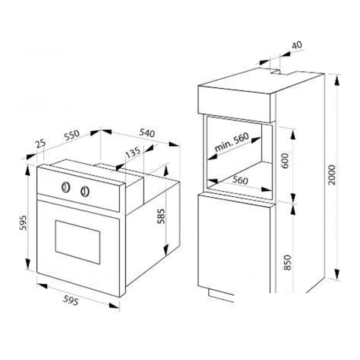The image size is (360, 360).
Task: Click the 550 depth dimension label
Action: [x=72, y=135]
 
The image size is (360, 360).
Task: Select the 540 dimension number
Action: [x=147, y=133]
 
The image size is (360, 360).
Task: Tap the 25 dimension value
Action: [x=41, y=144]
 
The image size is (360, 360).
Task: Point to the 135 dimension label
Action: [x=133, y=152]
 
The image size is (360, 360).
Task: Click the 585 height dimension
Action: [x=161, y=216]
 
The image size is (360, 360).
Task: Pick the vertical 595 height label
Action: [x=23, y=223]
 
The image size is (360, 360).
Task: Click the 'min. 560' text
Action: [x=232, y=142]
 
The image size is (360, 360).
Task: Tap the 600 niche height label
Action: [x=285, y=160]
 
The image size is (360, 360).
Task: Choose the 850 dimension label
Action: [x=287, y=262]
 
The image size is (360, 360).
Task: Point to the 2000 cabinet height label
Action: [x=332, y=175]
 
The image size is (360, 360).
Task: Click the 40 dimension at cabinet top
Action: [x=297, y=45]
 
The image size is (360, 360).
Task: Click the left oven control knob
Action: [x=65, y=187]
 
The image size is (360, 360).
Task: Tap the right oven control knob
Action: [x=85, y=191]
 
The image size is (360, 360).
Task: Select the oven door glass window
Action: [x=77, y=242]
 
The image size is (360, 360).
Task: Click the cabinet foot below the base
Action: [x=221, y=295]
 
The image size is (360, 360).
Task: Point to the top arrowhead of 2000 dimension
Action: [x=337, y=81]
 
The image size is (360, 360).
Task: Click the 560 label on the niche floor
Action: [x=240, y=180]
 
